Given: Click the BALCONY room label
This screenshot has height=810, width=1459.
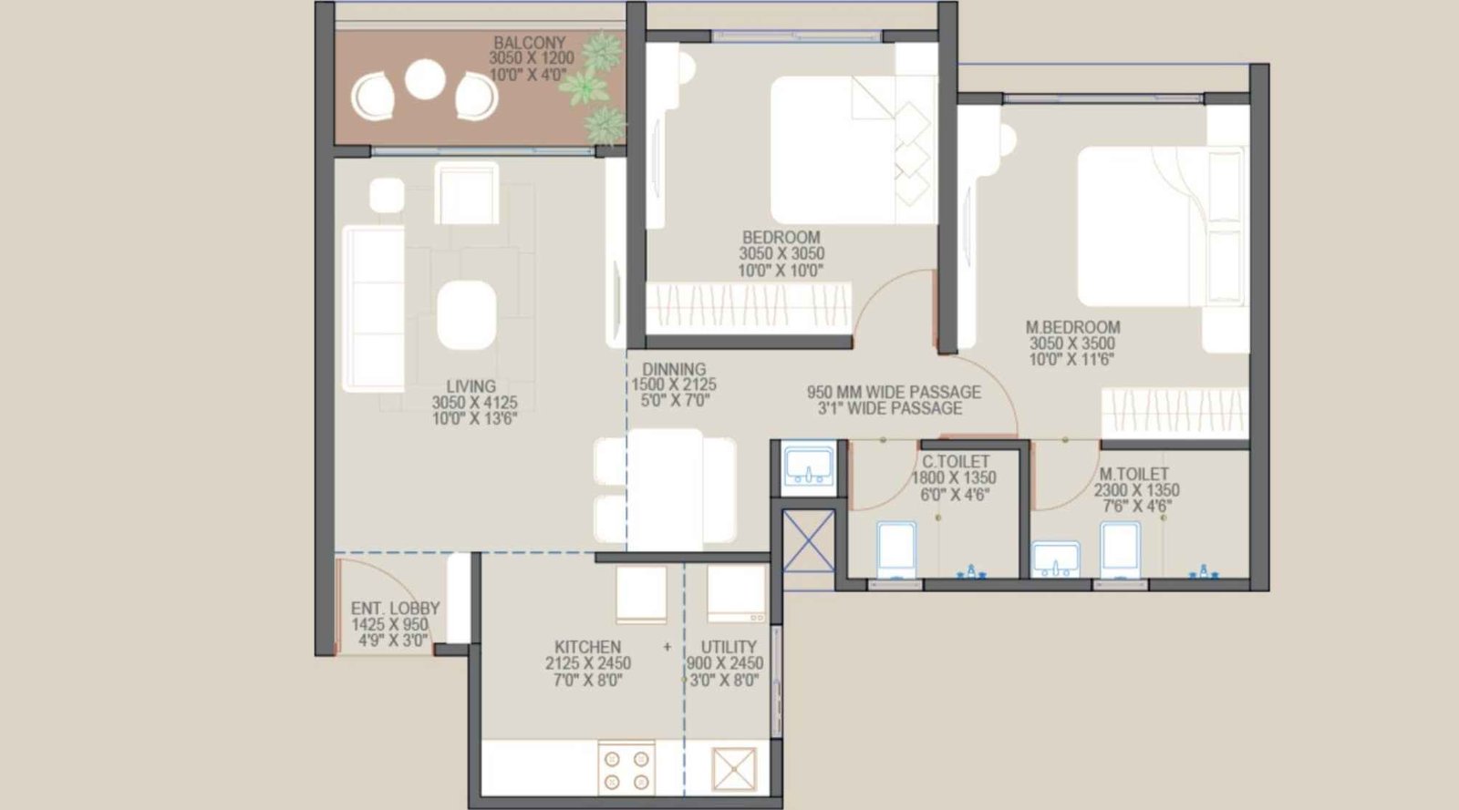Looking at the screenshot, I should coord(529,43).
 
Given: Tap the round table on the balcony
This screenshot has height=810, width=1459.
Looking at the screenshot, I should coord(425,79).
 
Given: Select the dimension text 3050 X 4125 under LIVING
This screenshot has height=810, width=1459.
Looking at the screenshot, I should coord(474,403).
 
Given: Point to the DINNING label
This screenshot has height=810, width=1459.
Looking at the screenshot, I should coord(674,369).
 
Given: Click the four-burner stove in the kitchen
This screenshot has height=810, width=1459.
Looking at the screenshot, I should coord(626,769).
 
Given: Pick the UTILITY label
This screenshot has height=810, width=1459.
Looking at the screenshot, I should coord(728,647).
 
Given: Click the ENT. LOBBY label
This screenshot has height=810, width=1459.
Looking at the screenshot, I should coord(395,608).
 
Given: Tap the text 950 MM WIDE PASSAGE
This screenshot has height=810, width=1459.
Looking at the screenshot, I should coord(894,392).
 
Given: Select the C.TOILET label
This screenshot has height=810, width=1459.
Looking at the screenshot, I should coord(955,462).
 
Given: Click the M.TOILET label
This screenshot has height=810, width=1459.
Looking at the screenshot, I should coord(1133,474).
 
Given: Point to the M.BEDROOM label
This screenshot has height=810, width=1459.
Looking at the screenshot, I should coord(1072,327).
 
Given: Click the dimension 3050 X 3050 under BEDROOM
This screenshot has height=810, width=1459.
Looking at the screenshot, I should coord(781,254).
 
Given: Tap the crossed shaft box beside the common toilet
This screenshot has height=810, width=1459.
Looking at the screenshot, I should coord(809,540).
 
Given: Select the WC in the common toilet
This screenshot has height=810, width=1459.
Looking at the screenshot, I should coord(895,549).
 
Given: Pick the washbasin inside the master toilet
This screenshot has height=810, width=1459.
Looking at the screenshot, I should coord(1056,559).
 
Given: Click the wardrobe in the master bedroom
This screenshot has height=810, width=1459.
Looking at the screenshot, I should coord(1174,412).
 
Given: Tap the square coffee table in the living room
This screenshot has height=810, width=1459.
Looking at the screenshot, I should coord(467,315).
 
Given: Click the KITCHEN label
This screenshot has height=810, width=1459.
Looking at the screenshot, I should coord(587,647).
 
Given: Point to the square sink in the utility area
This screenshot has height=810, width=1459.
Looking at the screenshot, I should coord(735,770).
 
